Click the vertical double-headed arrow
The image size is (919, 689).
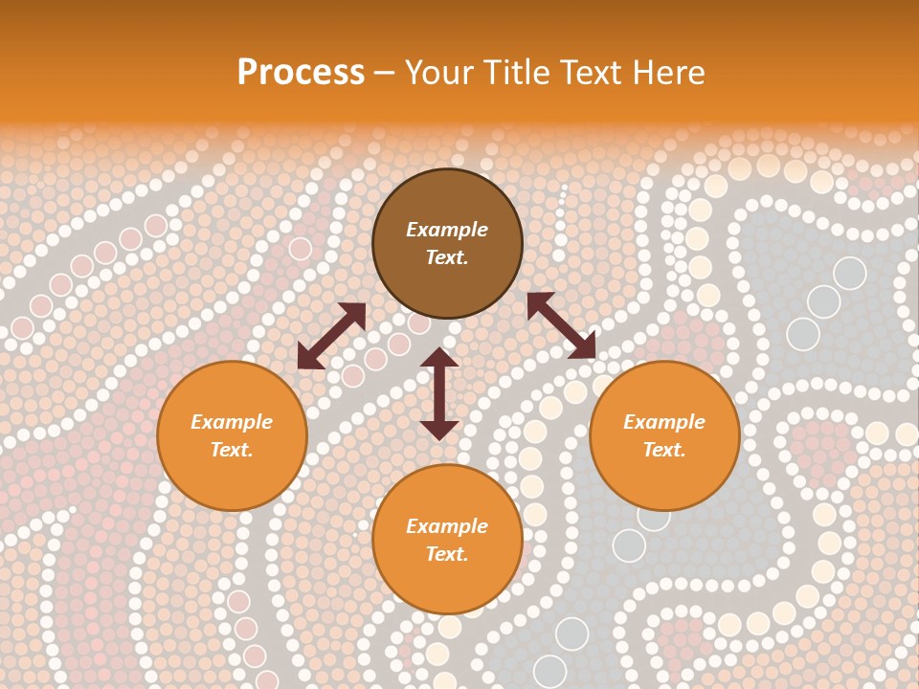[x=439, y=393]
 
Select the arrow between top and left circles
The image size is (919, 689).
[x=331, y=336]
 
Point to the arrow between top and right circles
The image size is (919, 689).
[x=561, y=325]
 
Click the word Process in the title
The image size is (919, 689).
[x=301, y=73]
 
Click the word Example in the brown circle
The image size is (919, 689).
[x=447, y=230]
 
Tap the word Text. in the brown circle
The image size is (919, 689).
[x=447, y=257]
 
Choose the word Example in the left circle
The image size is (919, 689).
[x=232, y=422]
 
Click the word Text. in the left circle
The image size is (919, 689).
[x=232, y=450]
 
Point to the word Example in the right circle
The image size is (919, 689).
[x=664, y=422]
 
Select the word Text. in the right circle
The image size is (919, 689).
[x=664, y=450]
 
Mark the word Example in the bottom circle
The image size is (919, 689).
[x=447, y=526]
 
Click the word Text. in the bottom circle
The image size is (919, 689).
[x=447, y=554]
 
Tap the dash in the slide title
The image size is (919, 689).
[x=385, y=73]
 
